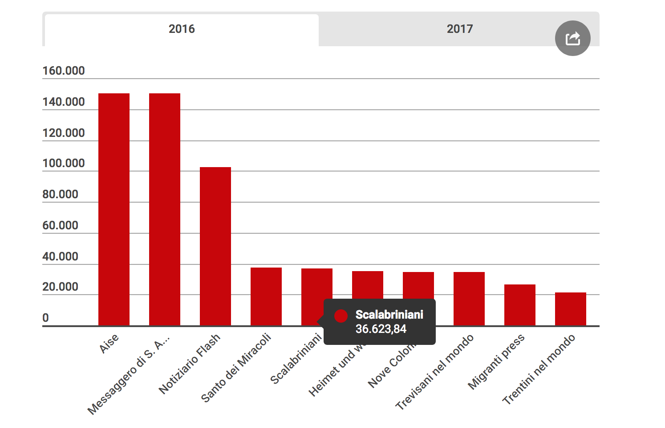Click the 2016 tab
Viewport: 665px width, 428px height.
(182, 29)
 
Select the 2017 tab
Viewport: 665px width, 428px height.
(459, 29)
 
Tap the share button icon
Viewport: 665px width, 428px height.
(572, 38)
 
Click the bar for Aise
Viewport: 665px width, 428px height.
(114, 209)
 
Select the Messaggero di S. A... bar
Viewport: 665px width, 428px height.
(165, 209)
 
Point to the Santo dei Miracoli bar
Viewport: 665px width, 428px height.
(266, 296)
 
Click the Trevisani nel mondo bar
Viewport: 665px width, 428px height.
(469, 298)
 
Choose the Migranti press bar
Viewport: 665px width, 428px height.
(520, 304)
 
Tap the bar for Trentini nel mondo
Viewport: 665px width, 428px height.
(571, 308)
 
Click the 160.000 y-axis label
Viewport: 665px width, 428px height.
(63, 71)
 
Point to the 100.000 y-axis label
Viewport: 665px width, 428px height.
(63, 163)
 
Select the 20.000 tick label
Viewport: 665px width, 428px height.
(60, 287)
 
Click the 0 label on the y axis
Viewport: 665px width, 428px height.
(45, 318)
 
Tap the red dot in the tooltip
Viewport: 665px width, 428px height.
(341, 316)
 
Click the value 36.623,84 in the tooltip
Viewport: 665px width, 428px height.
(381, 329)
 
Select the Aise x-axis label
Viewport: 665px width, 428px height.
(109, 344)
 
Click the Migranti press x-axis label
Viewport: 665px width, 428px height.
(496, 362)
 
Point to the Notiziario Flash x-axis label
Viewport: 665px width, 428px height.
(190, 364)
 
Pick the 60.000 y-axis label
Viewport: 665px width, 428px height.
(60, 225)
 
